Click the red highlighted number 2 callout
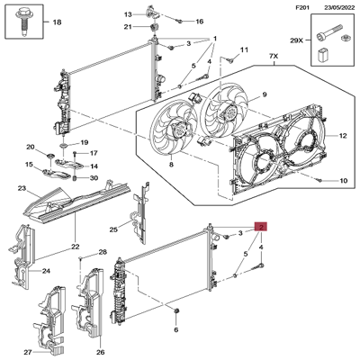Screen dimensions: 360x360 coord(261,228)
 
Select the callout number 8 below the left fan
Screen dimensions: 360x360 coord(171,165)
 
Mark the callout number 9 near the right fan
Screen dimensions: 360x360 coord(265,96)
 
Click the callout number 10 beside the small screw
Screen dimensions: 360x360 coord(343,181)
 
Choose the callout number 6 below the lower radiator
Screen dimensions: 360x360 coord(177,329)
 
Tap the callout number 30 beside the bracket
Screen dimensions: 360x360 coord(94,177)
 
